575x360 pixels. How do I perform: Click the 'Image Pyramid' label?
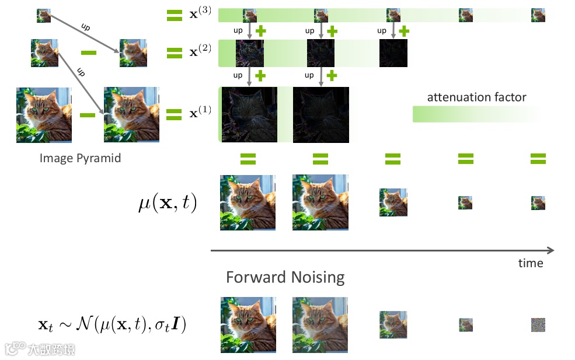click(80, 158)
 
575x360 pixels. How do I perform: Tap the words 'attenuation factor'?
click(476, 97)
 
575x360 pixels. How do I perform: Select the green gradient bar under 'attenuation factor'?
click(476, 114)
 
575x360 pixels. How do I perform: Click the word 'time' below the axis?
click(531, 263)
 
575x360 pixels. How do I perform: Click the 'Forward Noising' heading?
click(285, 277)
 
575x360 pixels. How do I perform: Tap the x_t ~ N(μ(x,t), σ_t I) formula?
click(111, 324)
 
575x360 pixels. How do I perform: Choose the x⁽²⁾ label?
click(200, 52)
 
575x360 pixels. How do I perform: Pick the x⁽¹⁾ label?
click(200, 113)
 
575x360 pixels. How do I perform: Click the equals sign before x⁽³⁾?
click(174, 16)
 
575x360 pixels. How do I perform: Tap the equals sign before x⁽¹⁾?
click(174, 114)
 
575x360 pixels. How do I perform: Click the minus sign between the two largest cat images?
click(88, 115)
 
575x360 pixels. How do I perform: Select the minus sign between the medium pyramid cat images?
click(89, 53)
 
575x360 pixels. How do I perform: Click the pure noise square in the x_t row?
click(538, 325)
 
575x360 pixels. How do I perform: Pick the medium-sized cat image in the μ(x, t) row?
click(393, 202)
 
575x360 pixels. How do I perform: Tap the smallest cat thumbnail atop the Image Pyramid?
click(44, 15)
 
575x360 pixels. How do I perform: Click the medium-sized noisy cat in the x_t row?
click(393, 325)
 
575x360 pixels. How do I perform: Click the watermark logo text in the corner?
click(41, 348)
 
